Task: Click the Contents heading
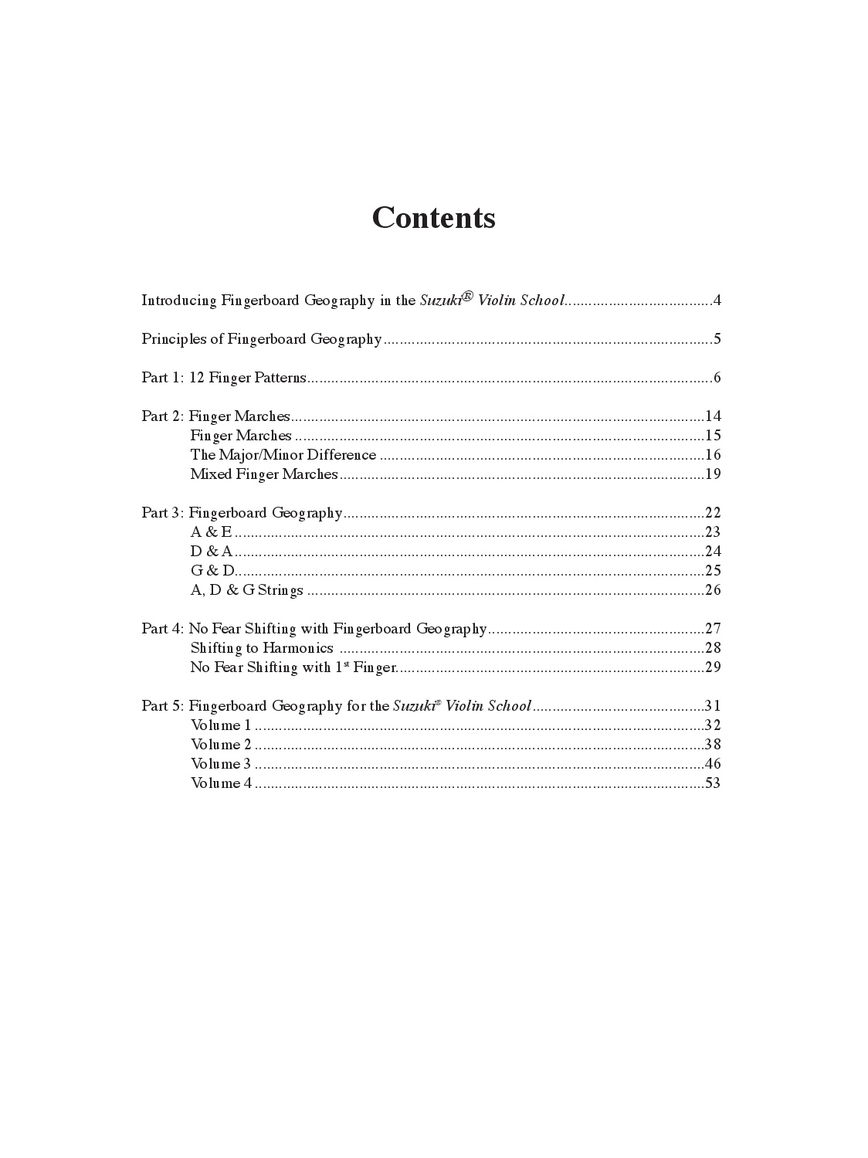tap(433, 218)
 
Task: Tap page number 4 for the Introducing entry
tap(717, 301)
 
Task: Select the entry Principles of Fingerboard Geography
tap(262, 339)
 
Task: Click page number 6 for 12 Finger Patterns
tap(717, 378)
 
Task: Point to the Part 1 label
tap(162, 378)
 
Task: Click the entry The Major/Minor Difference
tap(283, 455)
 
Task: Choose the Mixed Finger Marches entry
tap(264, 474)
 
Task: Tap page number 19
tap(713, 474)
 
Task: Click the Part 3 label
tap(162, 513)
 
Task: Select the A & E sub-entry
tap(211, 532)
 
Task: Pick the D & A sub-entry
tap(212, 552)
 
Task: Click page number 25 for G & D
tap(713, 571)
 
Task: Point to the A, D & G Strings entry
tap(247, 590)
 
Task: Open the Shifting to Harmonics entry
tap(262, 648)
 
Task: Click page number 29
tap(713, 667)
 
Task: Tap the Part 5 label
tap(162, 706)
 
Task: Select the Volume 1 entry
tap(221, 725)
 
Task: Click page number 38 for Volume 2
tap(713, 745)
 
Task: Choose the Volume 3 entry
tap(221, 764)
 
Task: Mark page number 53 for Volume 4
tap(713, 783)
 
